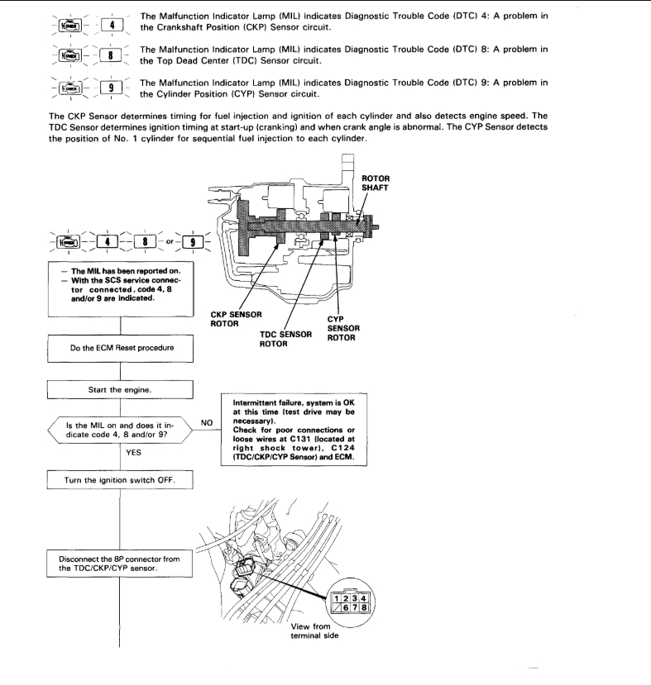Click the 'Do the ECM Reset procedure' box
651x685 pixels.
122,348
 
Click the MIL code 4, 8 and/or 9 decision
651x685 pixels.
121,431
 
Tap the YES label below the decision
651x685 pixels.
133,452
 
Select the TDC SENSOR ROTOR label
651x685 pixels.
284,339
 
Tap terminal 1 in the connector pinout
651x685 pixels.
338,598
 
